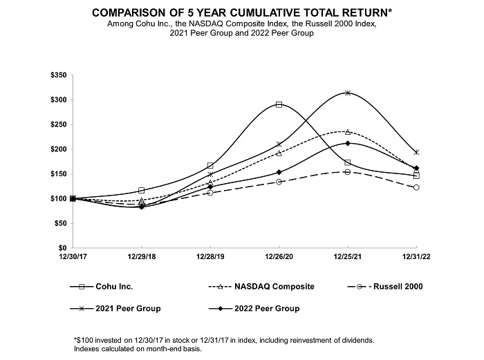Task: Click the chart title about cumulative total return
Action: coord(242,12)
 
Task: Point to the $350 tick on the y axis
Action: coord(58,75)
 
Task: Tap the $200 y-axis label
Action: coord(58,149)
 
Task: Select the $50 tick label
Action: coord(60,223)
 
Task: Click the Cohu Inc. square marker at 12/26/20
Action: coord(279,104)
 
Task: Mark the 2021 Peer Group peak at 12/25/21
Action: coord(347,93)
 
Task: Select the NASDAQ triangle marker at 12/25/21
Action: coord(347,131)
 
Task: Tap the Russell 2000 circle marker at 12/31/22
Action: coord(416,187)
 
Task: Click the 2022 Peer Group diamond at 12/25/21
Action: coord(347,143)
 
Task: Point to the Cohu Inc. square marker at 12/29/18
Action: coord(141,190)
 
